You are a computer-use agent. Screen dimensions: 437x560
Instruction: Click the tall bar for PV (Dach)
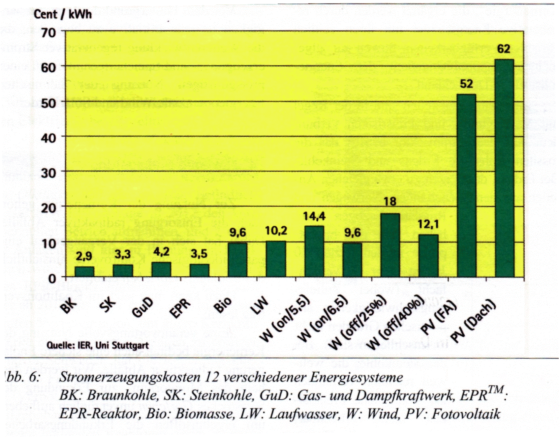[x=505, y=169]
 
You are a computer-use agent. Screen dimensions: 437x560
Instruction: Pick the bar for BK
[x=84, y=272]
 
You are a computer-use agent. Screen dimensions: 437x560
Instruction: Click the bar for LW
[x=276, y=259]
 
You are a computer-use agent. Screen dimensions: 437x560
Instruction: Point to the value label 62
[x=504, y=49]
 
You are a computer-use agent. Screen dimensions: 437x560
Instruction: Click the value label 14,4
[x=314, y=217]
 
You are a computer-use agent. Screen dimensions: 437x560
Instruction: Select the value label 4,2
[x=161, y=253]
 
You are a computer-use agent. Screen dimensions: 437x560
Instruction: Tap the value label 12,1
[x=428, y=225]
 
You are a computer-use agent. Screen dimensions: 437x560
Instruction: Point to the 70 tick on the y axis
[x=48, y=32]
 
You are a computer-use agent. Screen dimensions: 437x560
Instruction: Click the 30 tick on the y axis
[x=48, y=173]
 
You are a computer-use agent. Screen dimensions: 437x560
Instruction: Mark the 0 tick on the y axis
[x=52, y=278]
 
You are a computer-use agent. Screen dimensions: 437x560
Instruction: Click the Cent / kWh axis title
[x=63, y=15]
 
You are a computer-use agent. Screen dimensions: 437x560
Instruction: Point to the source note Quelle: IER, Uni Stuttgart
[x=98, y=345]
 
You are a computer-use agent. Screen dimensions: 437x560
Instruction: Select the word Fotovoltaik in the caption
[x=466, y=414]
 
